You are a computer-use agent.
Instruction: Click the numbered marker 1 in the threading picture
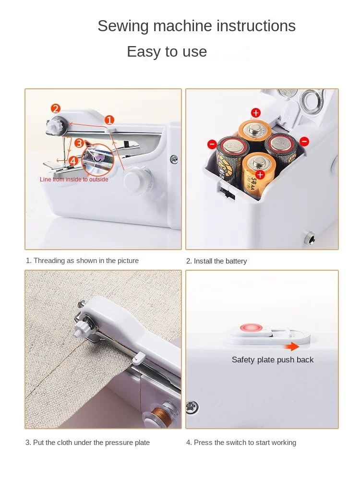pos(109,120)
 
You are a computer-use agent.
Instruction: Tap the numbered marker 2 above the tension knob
pos(55,108)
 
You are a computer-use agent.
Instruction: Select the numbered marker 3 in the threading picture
pos(79,143)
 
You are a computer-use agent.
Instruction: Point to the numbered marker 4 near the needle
pos(73,161)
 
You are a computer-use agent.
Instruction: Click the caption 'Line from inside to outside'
pos(74,180)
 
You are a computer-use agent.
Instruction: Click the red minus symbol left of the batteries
pos(212,144)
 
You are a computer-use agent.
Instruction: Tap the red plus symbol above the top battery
pos(256,113)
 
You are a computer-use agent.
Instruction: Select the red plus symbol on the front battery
pos(260,175)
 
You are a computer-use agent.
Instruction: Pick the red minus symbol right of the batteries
pos(304,142)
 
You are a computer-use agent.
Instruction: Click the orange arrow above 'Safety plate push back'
pos(292,347)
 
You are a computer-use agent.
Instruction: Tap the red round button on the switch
pos(252,328)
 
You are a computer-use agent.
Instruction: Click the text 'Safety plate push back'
pos(273,360)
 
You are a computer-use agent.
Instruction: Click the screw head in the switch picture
pos(192,407)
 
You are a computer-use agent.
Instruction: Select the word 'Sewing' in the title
pos(123,26)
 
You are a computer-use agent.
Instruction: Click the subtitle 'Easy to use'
pos(167,51)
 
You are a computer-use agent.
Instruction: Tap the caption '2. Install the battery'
pos(216,261)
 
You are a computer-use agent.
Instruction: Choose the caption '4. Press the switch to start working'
pos(241,443)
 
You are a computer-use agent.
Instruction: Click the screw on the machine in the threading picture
pos(174,158)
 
